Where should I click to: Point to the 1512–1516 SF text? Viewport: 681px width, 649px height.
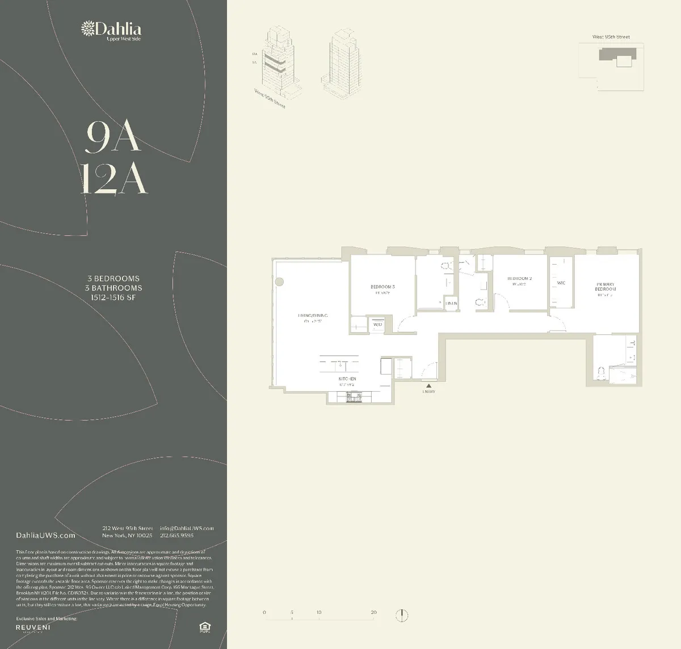pyautogui.click(x=113, y=297)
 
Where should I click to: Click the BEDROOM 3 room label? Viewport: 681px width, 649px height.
pyautogui.click(x=382, y=287)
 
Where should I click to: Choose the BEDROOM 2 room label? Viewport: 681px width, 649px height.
pyautogui.click(x=519, y=279)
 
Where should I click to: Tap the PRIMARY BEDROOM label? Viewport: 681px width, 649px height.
pyautogui.click(x=606, y=286)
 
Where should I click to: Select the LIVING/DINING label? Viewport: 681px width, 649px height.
pyautogui.click(x=313, y=316)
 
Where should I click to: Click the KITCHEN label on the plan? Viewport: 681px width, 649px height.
pyautogui.click(x=347, y=379)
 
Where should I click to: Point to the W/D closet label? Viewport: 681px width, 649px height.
pyautogui.click(x=377, y=325)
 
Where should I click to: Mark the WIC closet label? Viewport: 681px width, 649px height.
pyautogui.click(x=561, y=283)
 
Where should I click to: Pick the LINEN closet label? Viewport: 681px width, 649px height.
pyautogui.click(x=451, y=304)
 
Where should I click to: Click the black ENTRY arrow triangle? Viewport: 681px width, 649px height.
pyautogui.click(x=428, y=386)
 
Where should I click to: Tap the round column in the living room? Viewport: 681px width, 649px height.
pyautogui.click(x=279, y=282)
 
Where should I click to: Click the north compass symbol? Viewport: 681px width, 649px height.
pyautogui.click(x=402, y=615)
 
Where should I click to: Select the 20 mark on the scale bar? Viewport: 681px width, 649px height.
pyautogui.click(x=373, y=613)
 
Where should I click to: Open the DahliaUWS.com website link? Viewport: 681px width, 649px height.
pyautogui.click(x=46, y=535)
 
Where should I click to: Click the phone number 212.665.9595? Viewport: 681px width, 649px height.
pyautogui.click(x=176, y=535)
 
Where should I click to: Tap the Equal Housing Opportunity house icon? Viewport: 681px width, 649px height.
pyautogui.click(x=204, y=627)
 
